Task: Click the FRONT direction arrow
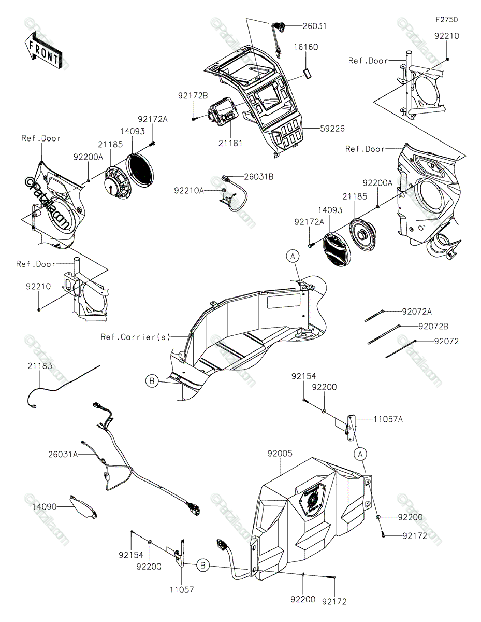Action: point(43,50)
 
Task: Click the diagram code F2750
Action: point(446,20)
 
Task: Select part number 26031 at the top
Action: point(314,26)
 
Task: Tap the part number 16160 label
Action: point(306,47)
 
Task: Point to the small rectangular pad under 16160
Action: point(308,73)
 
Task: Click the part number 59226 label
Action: point(332,129)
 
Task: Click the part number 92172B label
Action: point(193,95)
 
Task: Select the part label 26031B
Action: point(259,177)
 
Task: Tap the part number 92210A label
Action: point(189,191)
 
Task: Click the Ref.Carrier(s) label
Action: point(136,337)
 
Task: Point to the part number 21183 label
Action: point(40,366)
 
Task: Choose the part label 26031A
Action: point(63,454)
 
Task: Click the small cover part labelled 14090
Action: point(83,507)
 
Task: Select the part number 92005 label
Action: point(280,454)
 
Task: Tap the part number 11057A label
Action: point(388,419)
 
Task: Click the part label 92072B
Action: point(433,327)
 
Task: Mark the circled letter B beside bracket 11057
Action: point(203,566)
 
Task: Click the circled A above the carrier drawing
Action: point(293,256)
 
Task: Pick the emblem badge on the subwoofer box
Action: point(312,500)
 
